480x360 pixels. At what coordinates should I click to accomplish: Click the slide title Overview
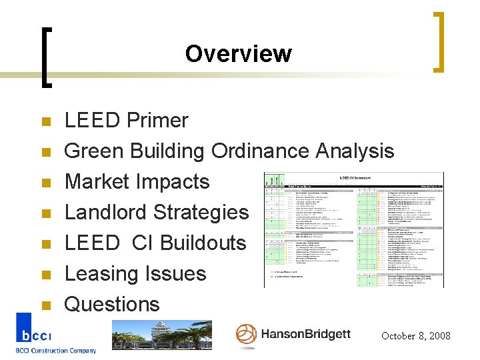238,53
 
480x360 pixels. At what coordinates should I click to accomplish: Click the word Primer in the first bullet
157,121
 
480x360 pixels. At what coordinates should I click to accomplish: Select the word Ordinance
262,151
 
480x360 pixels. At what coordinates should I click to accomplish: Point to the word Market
99,182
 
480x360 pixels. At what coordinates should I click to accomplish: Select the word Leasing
101,274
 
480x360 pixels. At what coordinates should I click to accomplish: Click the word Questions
111,305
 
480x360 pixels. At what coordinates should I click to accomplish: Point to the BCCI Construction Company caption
56,351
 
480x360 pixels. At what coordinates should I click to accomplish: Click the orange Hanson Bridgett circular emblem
246,334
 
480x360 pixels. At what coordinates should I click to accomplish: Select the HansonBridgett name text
305,334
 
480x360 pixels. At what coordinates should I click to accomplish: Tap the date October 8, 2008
415,336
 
